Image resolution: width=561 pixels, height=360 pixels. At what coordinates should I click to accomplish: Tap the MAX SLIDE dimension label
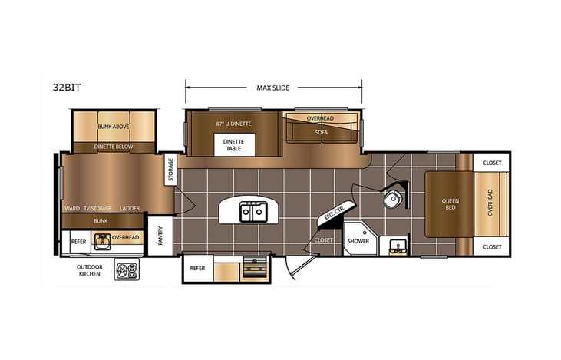(x=273, y=87)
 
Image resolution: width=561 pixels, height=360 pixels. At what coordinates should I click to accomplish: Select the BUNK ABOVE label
(x=114, y=126)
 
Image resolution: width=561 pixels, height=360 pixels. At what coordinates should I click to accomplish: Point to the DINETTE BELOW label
(x=114, y=145)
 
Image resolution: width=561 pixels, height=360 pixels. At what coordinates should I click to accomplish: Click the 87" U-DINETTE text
(x=235, y=123)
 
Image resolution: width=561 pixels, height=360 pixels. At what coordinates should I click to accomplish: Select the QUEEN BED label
(x=450, y=204)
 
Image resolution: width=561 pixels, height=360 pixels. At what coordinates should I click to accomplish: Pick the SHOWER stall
(x=358, y=240)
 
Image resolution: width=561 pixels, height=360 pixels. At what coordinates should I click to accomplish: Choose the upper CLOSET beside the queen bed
(x=492, y=163)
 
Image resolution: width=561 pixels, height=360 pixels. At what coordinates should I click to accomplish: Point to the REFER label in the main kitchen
(x=196, y=269)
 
